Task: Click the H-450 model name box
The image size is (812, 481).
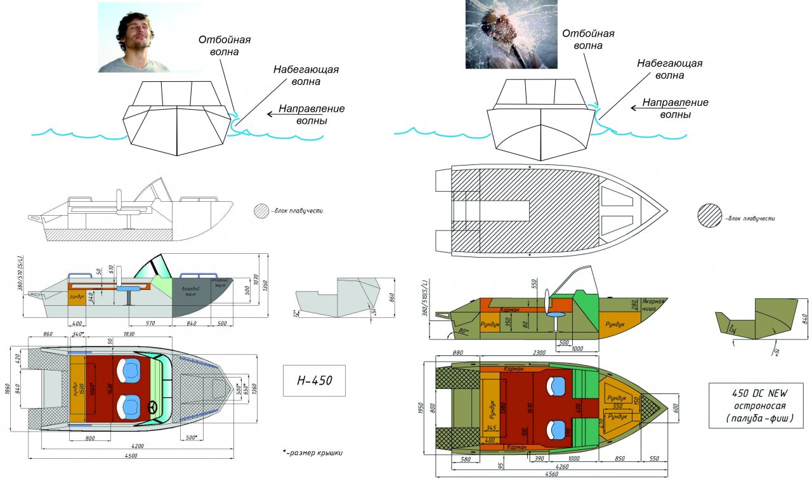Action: click(x=315, y=381)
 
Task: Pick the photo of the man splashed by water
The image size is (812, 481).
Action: click(x=511, y=34)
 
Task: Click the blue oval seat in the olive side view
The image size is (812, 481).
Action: click(x=556, y=315)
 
